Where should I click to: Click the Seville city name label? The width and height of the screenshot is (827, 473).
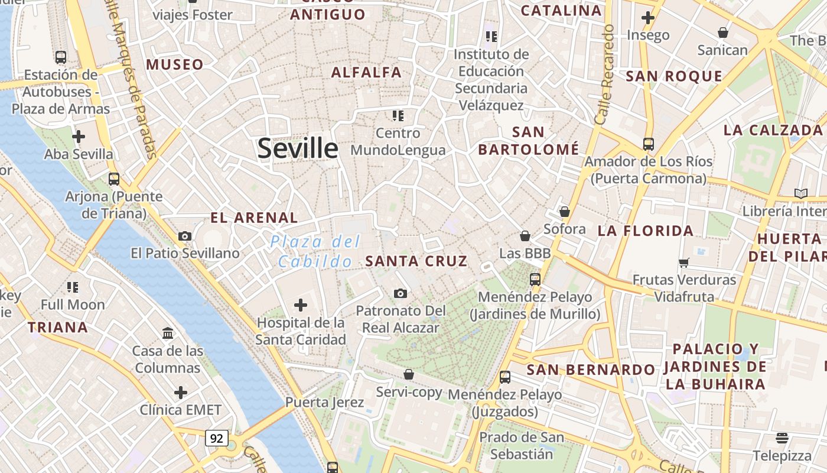(298, 148)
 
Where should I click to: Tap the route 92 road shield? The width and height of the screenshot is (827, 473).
(217, 438)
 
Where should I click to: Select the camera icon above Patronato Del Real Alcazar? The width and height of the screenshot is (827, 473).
(401, 293)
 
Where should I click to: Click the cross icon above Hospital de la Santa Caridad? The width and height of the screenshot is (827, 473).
(301, 305)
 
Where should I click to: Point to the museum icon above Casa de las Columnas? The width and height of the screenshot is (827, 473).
(168, 333)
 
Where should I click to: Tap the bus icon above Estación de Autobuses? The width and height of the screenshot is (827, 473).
(61, 57)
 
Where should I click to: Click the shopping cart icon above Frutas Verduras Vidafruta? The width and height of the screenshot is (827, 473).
(684, 263)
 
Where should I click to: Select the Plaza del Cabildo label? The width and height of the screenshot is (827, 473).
(315, 251)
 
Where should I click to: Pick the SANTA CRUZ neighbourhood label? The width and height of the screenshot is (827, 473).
(416, 261)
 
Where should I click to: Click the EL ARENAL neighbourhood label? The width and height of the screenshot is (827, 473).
(255, 218)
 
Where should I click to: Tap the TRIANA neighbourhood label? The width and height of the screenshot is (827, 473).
(58, 327)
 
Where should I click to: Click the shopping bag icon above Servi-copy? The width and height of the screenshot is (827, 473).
(409, 374)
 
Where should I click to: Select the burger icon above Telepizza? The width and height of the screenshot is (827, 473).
(782, 438)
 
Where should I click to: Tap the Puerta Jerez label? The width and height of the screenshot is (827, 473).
(324, 403)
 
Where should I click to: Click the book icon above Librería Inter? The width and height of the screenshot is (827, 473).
(801, 193)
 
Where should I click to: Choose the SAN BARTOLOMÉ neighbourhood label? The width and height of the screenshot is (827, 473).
(528, 141)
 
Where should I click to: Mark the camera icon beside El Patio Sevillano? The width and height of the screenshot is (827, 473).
(185, 236)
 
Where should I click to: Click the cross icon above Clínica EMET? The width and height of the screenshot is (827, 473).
(181, 393)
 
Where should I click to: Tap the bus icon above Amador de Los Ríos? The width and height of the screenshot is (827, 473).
(649, 144)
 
